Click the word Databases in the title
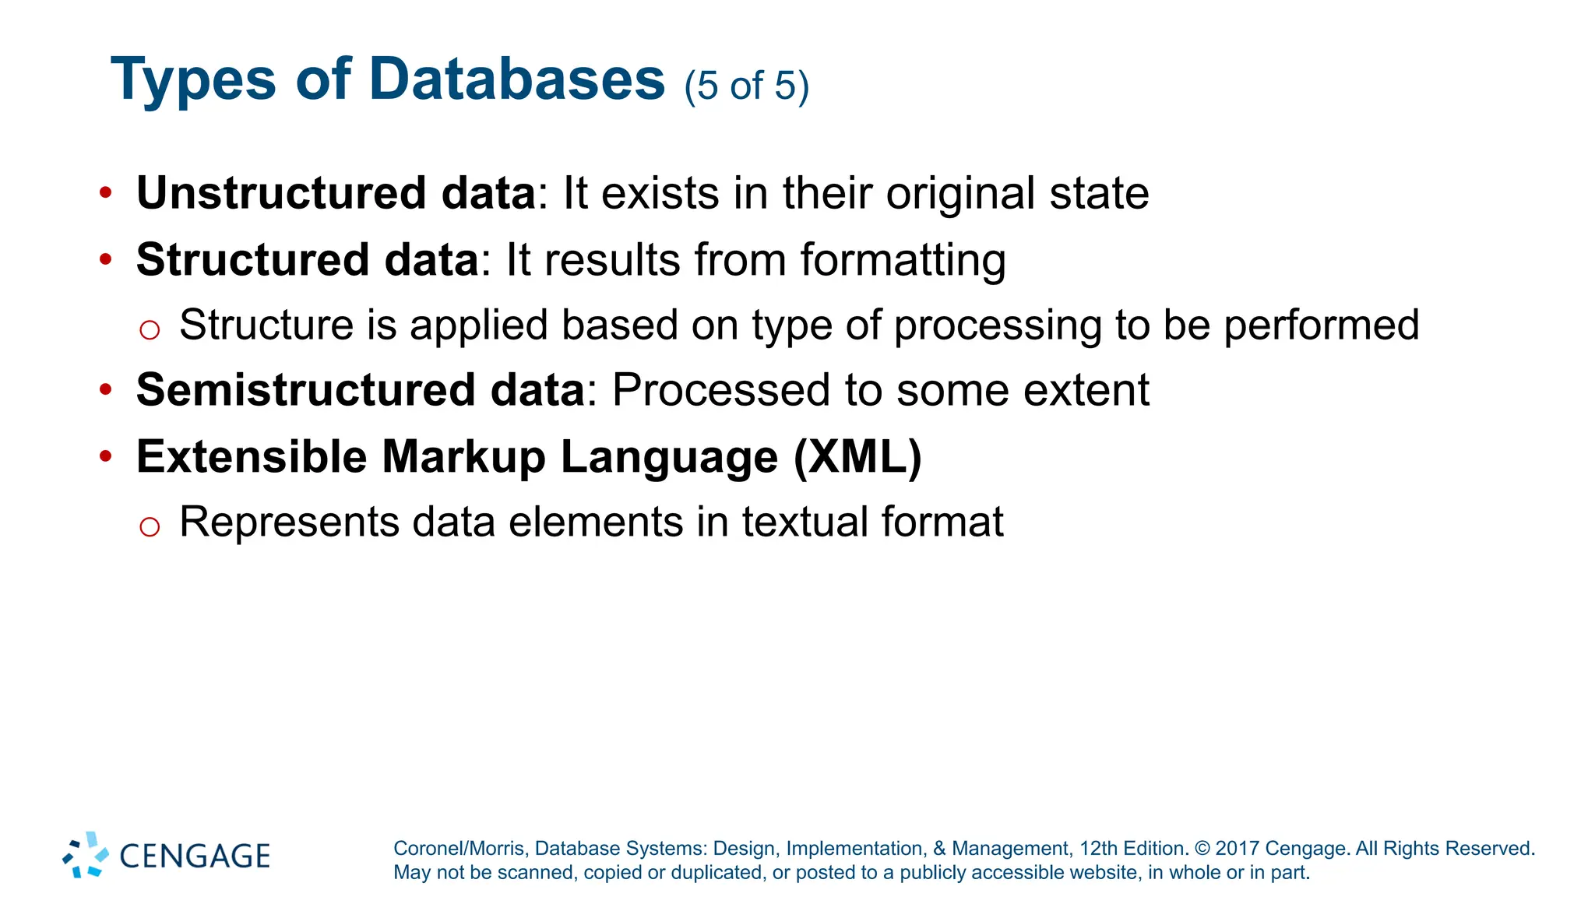(516, 79)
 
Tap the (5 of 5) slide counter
(746, 86)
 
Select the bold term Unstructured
(281, 193)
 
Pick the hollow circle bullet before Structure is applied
(150, 329)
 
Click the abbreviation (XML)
(857, 456)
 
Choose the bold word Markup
(463, 456)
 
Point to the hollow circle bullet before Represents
(150, 526)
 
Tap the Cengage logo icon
(86, 855)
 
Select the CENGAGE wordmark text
(195, 857)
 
